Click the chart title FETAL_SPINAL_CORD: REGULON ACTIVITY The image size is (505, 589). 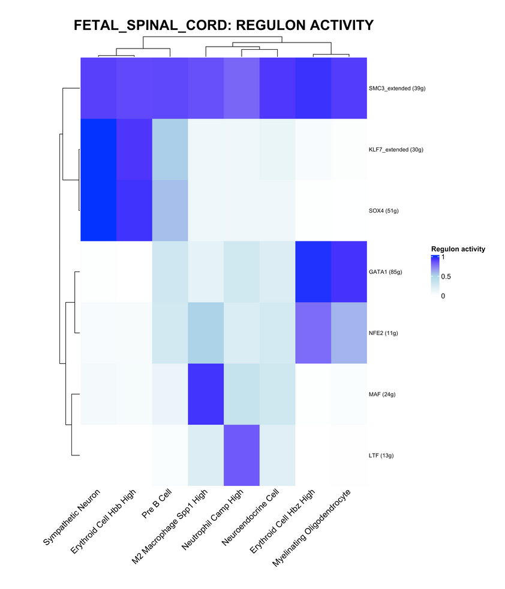[x=223, y=25]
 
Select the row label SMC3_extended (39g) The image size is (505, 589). [x=397, y=89]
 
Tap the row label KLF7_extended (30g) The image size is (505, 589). [x=396, y=150]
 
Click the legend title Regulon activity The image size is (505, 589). [x=458, y=249]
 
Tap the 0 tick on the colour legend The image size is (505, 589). [x=444, y=295]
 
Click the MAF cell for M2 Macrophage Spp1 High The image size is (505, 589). [x=206, y=394]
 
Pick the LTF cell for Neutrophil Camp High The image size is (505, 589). [x=241, y=455]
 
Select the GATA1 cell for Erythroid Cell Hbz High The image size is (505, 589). [x=313, y=272]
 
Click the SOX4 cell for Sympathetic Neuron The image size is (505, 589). [x=98, y=211]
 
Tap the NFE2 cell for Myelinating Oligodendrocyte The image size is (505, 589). [x=348, y=333]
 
